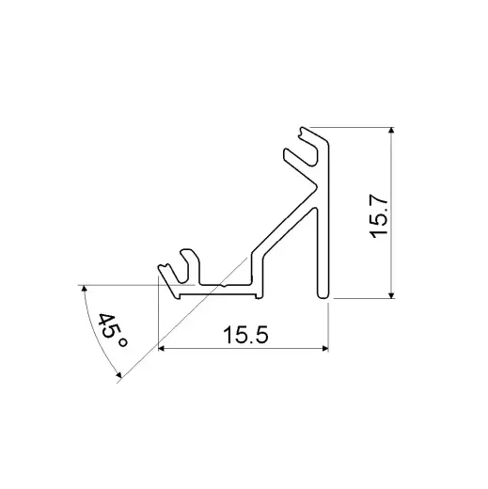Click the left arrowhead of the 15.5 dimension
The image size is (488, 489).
[x=162, y=349]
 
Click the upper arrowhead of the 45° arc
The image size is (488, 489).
[x=83, y=288]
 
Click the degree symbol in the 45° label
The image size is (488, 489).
[x=121, y=344]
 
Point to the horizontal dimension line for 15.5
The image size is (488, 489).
[x=282, y=349]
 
